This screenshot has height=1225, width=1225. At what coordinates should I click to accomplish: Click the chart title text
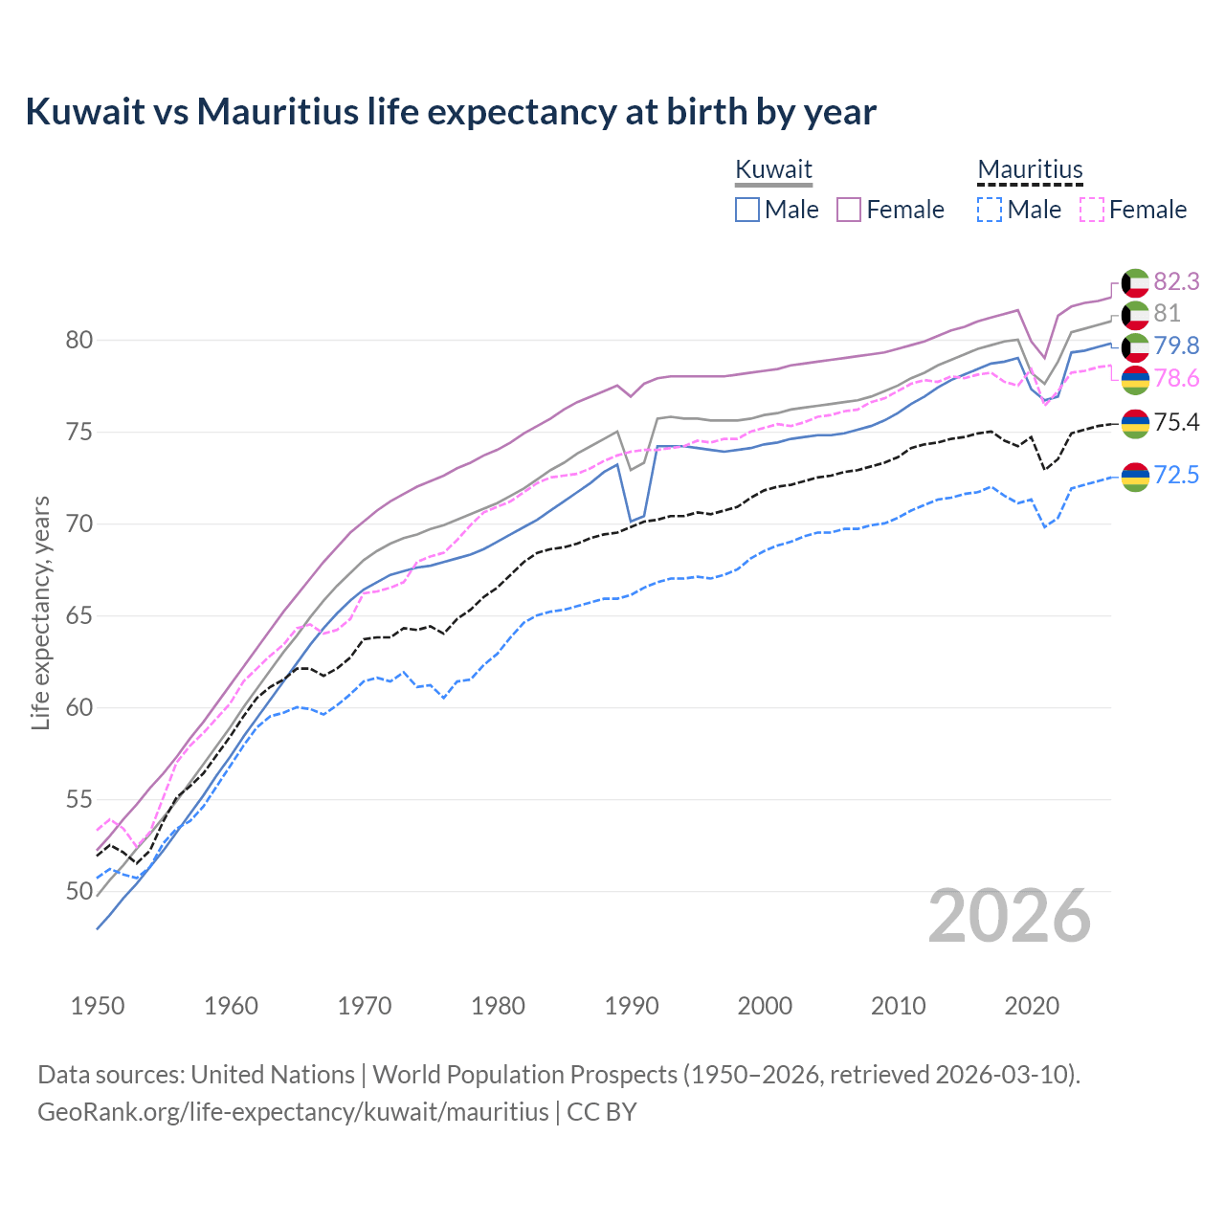450,112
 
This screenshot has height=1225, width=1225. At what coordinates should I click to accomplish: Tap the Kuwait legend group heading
773,169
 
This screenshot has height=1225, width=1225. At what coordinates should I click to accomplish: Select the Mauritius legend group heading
1030,169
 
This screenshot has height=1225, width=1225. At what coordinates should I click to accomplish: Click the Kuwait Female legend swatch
849,210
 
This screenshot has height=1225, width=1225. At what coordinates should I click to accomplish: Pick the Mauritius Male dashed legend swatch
990,210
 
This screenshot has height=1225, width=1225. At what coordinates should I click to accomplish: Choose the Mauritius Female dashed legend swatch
1092,210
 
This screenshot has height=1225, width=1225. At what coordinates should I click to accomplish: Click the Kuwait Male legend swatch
747,210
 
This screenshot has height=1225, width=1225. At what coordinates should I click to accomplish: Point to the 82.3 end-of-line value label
1176,281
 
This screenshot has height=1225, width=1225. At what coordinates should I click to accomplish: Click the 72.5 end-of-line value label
1176,475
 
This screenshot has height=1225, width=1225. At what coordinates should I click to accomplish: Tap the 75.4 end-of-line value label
1176,422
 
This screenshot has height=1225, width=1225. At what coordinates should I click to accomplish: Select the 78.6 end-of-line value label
1176,379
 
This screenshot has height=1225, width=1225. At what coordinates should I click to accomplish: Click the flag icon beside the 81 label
1135,315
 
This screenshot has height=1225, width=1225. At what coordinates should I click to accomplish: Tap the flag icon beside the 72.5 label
1135,476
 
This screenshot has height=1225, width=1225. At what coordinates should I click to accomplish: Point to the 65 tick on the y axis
79,615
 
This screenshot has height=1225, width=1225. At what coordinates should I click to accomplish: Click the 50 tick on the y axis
79,891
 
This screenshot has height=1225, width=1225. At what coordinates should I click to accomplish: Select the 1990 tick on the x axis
632,1006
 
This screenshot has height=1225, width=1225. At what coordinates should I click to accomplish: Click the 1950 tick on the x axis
98,1006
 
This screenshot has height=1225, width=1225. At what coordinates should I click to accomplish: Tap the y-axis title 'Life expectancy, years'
40,612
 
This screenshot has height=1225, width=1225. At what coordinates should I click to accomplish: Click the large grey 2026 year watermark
1010,916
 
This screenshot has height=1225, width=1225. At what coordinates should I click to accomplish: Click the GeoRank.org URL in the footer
293,1112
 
